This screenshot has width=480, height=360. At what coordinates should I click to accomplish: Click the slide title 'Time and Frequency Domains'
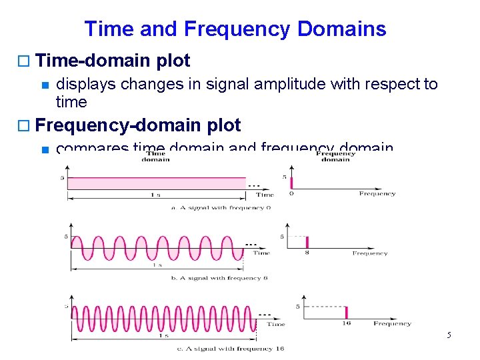235,29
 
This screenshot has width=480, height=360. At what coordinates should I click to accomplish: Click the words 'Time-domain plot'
113,61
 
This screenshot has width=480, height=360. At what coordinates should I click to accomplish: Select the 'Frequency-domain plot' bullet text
137,125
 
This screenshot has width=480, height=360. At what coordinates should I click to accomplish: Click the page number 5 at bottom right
449,334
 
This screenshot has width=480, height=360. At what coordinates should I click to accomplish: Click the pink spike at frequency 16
347,312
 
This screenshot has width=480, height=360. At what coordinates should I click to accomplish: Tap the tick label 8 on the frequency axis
307,253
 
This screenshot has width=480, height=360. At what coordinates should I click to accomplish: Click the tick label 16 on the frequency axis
347,323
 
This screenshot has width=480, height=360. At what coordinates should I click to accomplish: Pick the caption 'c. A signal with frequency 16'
230,349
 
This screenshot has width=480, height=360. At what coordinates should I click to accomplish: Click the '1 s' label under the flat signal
155,195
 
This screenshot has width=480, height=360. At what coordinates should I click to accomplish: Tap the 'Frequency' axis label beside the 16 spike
392,323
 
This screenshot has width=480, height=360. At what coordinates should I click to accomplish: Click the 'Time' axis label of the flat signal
265,195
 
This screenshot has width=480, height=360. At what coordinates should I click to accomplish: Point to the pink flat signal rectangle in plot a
157,183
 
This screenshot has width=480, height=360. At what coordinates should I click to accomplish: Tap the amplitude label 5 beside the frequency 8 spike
282,237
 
